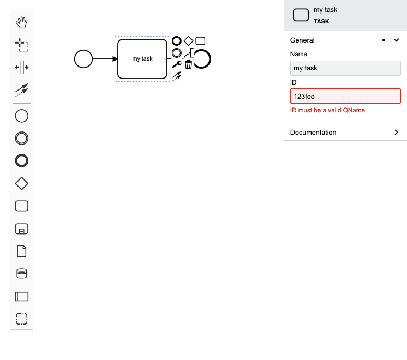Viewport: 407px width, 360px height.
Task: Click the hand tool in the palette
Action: (x=22, y=22)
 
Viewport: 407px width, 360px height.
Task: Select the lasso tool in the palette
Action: (x=22, y=45)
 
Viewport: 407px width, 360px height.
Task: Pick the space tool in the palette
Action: (x=22, y=68)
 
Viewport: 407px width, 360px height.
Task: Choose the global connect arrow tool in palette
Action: (x=22, y=90)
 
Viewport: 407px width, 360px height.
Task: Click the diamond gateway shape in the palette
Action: (x=22, y=184)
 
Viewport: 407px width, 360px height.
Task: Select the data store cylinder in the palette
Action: (x=22, y=273)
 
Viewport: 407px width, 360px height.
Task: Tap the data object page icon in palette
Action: (x=22, y=251)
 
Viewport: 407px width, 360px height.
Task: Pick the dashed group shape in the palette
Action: (x=22, y=319)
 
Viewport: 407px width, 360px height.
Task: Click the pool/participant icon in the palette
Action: (x=22, y=296)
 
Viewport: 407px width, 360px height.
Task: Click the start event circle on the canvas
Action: (x=83, y=59)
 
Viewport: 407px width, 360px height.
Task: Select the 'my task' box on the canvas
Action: (x=142, y=59)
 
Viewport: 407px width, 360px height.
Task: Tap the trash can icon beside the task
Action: (x=188, y=64)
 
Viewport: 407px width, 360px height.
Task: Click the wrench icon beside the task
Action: (x=177, y=64)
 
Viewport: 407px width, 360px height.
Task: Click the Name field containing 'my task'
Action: (x=345, y=68)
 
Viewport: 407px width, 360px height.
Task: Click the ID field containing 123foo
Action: (x=345, y=97)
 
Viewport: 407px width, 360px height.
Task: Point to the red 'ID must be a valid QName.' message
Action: (x=328, y=110)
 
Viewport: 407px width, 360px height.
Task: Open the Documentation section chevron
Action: (x=397, y=133)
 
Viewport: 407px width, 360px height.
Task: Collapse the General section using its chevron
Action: (x=397, y=40)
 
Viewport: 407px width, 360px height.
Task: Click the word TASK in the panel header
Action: (x=321, y=22)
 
